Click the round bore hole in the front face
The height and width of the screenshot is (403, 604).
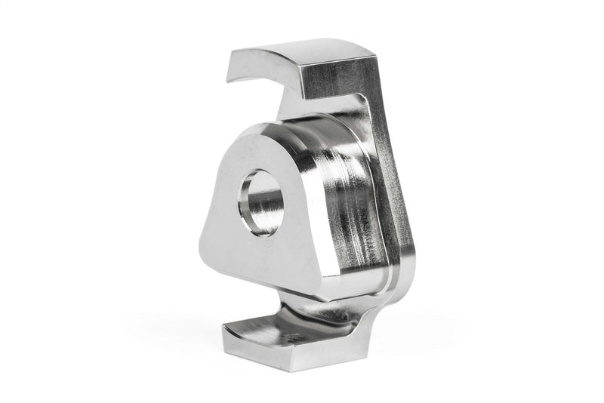coord(261,201)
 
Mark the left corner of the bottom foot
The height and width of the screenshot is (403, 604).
coord(224,329)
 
